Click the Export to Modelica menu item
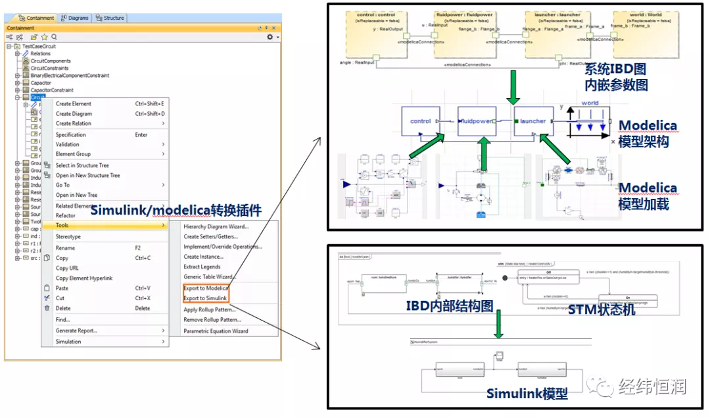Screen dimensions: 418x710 coord(206,288)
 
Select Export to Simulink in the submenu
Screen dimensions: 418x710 coord(205,298)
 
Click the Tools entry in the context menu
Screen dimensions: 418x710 coord(62,226)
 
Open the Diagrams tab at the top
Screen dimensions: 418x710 coord(75,18)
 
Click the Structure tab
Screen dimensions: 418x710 coord(110,18)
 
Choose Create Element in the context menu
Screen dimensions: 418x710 coord(74,103)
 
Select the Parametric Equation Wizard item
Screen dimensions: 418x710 coord(216,331)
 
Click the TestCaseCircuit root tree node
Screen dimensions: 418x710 coord(39,46)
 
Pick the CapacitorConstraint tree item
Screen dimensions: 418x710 coord(52,90)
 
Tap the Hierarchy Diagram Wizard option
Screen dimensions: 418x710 coord(216,226)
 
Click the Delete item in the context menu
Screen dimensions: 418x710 coord(63,308)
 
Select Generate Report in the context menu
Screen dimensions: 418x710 coord(76,330)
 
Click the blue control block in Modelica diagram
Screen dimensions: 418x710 coord(421,121)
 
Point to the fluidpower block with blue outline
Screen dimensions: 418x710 coord(477,121)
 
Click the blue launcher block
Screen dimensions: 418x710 coord(532,121)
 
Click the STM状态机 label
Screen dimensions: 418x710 coord(601,309)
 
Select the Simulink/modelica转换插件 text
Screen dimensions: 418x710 coord(176,211)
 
